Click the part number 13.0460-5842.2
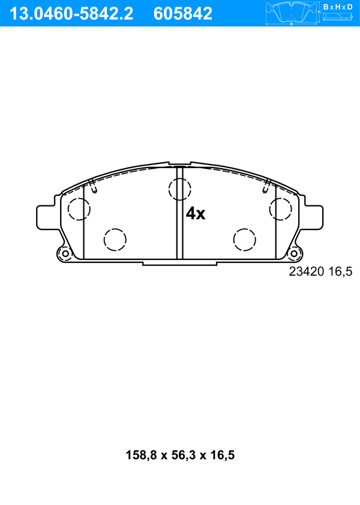pyautogui.click(x=71, y=14)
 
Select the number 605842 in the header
pyautogui.click(x=183, y=14)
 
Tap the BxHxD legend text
pyautogui.click(x=338, y=7)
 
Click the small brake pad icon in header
pyautogui.click(x=292, y=13)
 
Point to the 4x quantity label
pyautogui.click(x=195, y=213)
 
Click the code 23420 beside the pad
pyautogui.click(x=306, y=271)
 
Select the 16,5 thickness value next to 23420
pyautogui.click(x=340, y=272)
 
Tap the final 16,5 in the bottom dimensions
pyautogui.click(x=223, y=455)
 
